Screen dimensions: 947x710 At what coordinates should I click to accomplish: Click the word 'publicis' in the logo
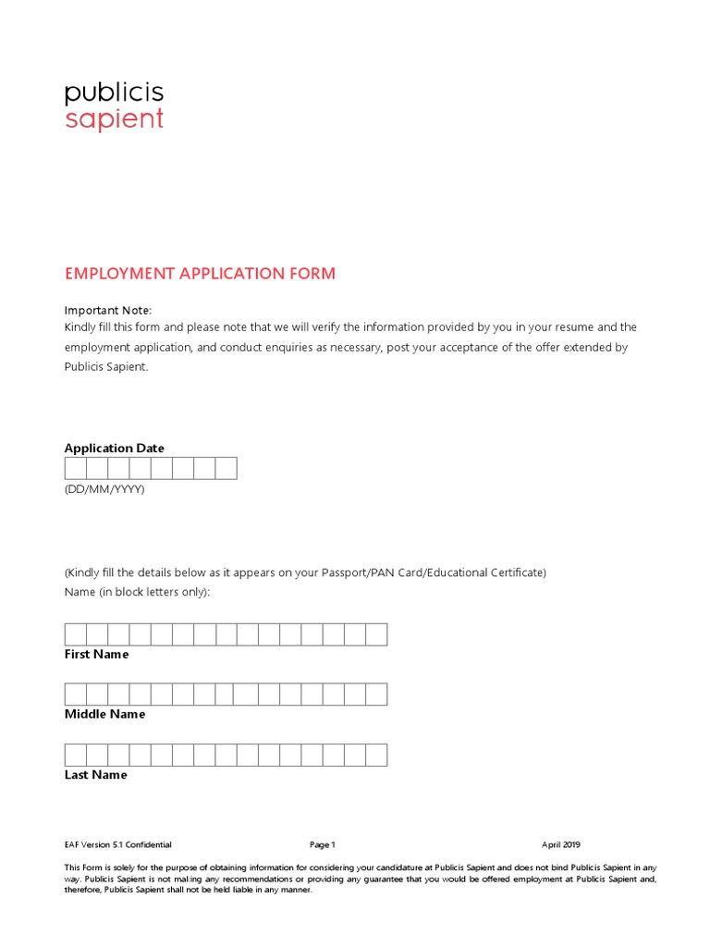point(114,92)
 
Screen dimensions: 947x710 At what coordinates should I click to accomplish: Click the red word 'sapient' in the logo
point(114,120)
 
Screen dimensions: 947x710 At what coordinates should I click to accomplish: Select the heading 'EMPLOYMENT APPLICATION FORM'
point(200,274)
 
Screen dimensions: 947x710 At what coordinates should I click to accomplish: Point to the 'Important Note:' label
point(107,310)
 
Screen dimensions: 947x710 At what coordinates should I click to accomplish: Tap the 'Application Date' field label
point(115,449)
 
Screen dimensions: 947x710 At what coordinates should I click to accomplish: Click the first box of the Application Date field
point(76,468)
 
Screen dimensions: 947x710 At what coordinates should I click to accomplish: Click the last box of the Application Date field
point(226,468)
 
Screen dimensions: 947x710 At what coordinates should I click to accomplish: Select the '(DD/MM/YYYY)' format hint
point(104,489)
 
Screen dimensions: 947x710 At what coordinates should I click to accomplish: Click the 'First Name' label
point(96,655)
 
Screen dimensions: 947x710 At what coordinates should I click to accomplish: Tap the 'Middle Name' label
point(104,715)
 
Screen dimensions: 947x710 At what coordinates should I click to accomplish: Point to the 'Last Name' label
point(95,775)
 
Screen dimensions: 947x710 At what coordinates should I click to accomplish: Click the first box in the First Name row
point(76,634)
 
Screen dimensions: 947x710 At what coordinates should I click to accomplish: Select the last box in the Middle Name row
point(376,695)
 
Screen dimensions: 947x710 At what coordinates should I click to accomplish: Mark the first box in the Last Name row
point(76,755)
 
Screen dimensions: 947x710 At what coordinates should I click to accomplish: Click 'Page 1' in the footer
point(323,844)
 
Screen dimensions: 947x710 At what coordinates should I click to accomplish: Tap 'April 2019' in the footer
point(561,844)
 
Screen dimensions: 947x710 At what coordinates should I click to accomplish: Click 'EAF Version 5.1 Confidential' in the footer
point(117,844)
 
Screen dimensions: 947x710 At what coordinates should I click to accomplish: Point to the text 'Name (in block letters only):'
point(138,592)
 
